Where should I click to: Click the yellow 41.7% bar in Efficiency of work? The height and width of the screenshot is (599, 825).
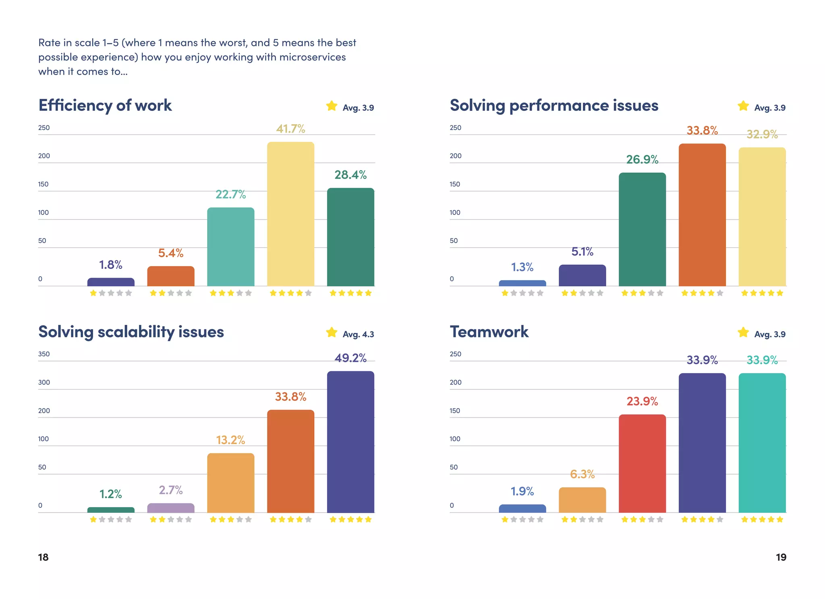tap(290, 214)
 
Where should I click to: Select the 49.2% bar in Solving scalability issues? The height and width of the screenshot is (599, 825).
tap(350, 441)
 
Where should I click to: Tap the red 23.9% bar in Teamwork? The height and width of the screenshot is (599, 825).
tap(642, 464)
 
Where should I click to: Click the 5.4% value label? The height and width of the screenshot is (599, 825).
tap(170, 253)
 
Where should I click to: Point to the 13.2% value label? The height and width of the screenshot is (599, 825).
tap(230, 440)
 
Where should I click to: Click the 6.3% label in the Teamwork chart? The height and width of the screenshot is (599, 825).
tap(582, 474)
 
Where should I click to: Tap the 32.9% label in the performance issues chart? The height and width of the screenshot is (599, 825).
tap(762, 134)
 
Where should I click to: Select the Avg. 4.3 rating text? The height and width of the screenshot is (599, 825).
tap(358, 334)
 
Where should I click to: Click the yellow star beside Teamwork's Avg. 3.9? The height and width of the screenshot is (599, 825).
tap(743, 333)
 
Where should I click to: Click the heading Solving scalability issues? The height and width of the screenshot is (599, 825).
tap(131, 332)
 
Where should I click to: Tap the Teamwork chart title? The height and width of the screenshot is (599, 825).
tap(489, 332)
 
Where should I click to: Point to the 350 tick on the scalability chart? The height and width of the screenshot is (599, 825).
tap(44, 354)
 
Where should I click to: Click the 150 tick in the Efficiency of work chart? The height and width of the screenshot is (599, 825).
tap(43, 184)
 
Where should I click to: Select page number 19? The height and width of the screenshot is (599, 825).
tap(781, 557)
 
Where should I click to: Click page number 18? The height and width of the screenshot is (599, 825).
tap(43, 557)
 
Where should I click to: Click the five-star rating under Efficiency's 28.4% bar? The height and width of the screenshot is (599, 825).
tap(350, 293)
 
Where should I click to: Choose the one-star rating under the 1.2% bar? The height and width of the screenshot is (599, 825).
tap(111, 520)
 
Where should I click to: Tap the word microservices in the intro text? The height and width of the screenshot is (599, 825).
tap(312, 57)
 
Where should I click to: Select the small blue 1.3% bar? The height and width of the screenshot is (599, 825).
tap(522, 283)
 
